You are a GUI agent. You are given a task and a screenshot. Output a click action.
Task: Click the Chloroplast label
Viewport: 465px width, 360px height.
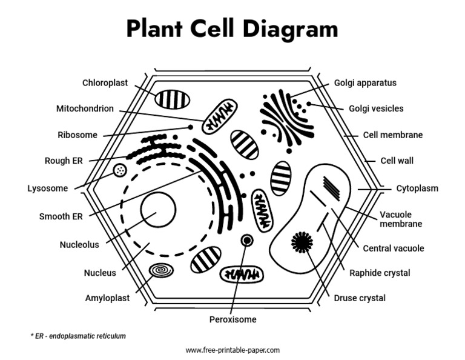click(105, 83)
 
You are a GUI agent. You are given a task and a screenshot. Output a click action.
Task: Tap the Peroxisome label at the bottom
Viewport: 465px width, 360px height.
click(232, 319)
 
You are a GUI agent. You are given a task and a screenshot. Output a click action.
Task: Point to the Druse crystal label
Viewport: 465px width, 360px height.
click(359, 298)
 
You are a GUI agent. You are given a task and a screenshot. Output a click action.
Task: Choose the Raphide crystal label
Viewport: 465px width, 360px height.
click(380, 273)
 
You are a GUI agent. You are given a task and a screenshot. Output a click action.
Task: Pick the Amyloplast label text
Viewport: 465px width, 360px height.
click(107, 298)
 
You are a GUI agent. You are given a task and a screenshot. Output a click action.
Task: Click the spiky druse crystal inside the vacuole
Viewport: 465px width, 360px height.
click(302, 242)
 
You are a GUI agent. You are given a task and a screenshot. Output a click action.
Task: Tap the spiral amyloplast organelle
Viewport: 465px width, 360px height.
click(161, 270)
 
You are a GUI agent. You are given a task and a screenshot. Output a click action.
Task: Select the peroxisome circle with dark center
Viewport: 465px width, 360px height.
click(246, 241)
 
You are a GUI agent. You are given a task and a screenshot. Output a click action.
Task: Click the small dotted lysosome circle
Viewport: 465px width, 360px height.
click(120, 171)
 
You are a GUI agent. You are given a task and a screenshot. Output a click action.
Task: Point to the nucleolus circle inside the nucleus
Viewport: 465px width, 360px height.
click(158, 209)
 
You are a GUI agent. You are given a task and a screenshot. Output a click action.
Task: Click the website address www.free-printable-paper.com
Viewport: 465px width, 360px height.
click(232, 350)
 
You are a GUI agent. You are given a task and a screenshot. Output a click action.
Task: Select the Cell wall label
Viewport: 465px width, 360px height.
click(397, 161)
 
